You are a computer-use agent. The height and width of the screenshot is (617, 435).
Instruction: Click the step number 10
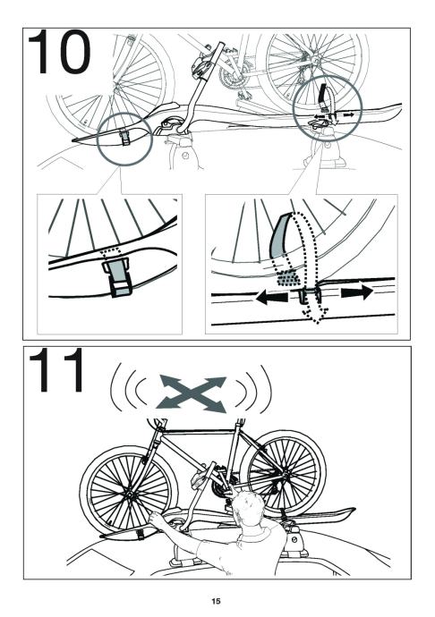coord(59,52)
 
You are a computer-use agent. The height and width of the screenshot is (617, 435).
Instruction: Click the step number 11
coord(56,370)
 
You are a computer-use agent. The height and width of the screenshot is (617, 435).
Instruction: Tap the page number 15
coord(216,601)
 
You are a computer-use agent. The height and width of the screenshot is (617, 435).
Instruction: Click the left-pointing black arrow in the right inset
coord(272,298)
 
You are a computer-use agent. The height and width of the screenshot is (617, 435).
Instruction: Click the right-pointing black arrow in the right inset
coord(357,292)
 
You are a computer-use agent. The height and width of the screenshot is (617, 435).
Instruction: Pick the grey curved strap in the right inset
coord(280,235)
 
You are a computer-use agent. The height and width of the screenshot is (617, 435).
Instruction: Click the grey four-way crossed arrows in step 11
coord(192,393)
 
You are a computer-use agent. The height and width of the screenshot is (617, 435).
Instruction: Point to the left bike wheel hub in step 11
coord(129,494)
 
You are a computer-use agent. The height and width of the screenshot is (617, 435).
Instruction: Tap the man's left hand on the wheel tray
coord(155,520)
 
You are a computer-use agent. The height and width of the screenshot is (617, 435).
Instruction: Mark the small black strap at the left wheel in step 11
coord(139,535)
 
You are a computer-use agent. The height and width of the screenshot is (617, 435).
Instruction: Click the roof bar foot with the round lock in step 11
coord(294,540)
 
